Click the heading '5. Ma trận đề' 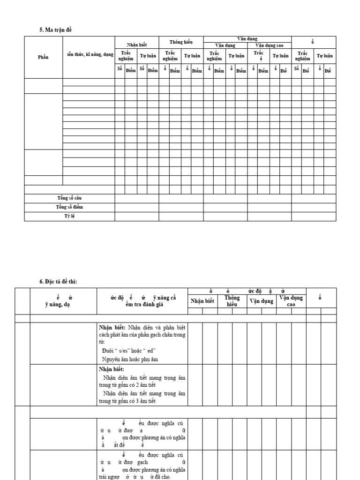tap(56, 30)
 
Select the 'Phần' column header tap(43, 57)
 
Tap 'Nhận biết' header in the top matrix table tap(136, 45)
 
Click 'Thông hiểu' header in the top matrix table tap(181, 42)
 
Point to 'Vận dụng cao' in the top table tap(269, 45)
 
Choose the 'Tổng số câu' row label tap(69, 198)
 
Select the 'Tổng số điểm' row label tap(69, 207)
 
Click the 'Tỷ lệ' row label tap(69, 216)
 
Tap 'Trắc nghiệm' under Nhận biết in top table tap(126, 56)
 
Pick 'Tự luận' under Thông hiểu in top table tap(192, 56)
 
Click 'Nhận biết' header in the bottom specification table tap(202, 301)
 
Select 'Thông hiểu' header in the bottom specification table tap(232, 300)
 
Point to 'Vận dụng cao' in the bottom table tap(291, 300)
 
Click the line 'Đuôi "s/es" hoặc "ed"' tap(128, 351)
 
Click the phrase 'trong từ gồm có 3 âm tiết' tap(127, 401)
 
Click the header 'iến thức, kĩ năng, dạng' tap(90, 55)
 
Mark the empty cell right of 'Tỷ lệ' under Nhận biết tap(136, 217)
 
